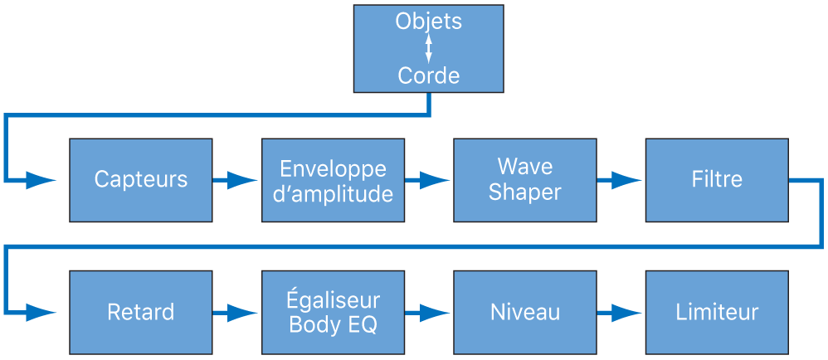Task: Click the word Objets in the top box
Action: (x=428, y=22)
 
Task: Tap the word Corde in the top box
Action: (x=428, y=76)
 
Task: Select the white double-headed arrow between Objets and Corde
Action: (x=428, y=48)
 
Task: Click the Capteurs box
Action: (x=140, y=180)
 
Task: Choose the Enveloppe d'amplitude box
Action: (x=333, y=180)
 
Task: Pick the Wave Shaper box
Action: (x=524, y=180)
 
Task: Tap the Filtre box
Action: (x=716, y=180)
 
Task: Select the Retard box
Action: (x=140, y=312)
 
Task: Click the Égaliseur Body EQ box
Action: (x=333, y=312)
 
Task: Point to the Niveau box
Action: (x=524, y=312)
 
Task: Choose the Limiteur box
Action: (x=716, y=312)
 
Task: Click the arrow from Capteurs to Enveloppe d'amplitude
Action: (x=236, y=180)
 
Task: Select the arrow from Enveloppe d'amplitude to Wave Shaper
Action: (x=428, y=180)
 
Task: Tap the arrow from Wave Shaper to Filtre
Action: (x=620, y=180)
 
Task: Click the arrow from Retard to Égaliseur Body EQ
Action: (x=236, y=313)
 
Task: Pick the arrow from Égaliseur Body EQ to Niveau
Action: (x=428, y=313)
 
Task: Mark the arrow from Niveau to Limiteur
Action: (x=620, y=313)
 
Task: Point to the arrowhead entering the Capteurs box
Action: (x=41, y=180)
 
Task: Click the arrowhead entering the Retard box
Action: (x=41, y=313)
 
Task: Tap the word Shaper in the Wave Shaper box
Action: (x=524, y=192)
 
